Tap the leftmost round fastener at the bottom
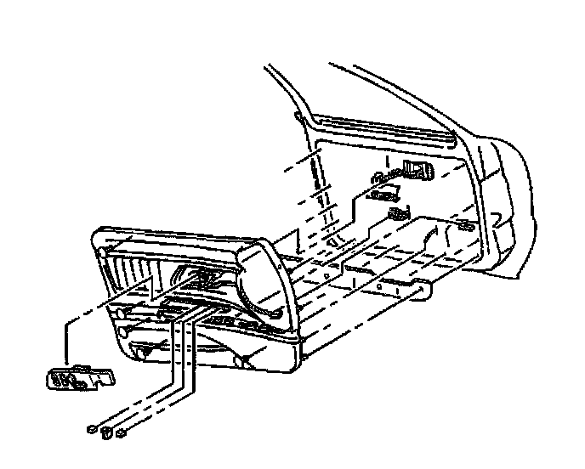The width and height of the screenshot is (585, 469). pyautogui.click(x=91, y=430)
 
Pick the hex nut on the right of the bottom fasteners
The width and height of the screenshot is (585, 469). pyautogui.click(x=122, y=435)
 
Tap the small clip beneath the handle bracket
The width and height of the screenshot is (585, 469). pyautogui.click(x=395, y=213)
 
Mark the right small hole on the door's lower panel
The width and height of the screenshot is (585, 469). pyautogui.click(x=378, y=287)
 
